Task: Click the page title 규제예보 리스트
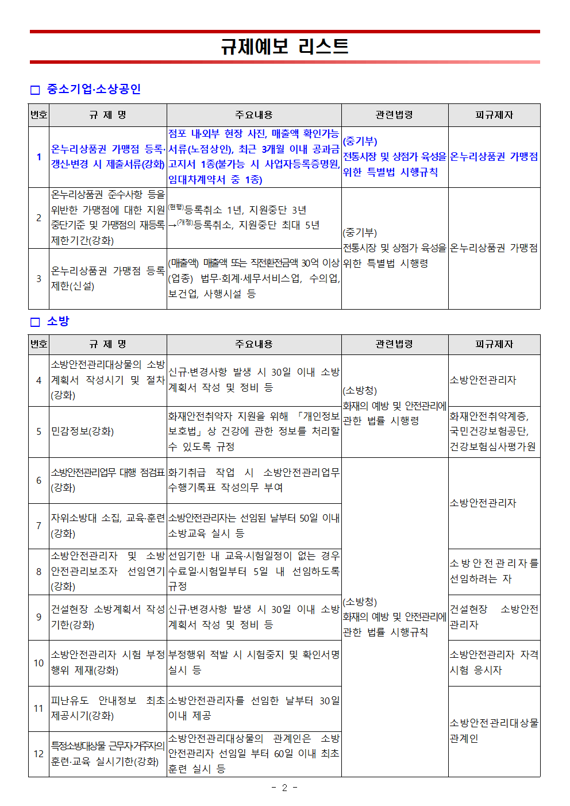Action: pyautogui.click(x=284, y=46)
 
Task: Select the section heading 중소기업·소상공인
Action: pyautogui.click(x=93, y=89)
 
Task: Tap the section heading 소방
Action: pyautogui.click(x=57, y=321)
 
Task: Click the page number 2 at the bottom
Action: pyautogui.click(x=284, y=788)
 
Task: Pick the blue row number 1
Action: pyautogui.click(x=38, y=157)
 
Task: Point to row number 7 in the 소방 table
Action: pyautogui.click(x=38, y=526)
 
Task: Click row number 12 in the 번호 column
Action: pyautogui.click(x=38, y=754)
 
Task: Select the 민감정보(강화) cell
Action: pyautogui.click(x=82, y=431)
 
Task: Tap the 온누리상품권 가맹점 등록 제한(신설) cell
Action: pyautogui.click(x=107, y=279)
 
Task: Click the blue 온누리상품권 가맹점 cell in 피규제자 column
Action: pyautogui.click(x=494, y=157)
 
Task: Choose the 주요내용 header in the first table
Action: pyautogui.click(x=253, y=115)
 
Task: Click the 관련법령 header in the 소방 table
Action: pyautogui.click(x=394, y=344)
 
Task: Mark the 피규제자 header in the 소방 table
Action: pyautogui.click(x=494, y=344)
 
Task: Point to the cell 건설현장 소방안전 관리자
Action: pyautogui.click(x=494, y=617)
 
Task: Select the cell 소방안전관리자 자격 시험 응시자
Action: pyautogui.click(x=494, y=662)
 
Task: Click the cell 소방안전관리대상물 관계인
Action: pyautogui.click(x=494, y=731)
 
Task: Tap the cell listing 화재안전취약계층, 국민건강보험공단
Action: pyautogui.click(x=494, y=431)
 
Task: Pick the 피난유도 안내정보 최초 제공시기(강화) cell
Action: pyautogui.click(x=107, y=708)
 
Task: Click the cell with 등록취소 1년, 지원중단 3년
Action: pyautogui.click(x=253, y=218)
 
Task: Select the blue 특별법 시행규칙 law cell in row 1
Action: pyautogui.click(x=394, y=157)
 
